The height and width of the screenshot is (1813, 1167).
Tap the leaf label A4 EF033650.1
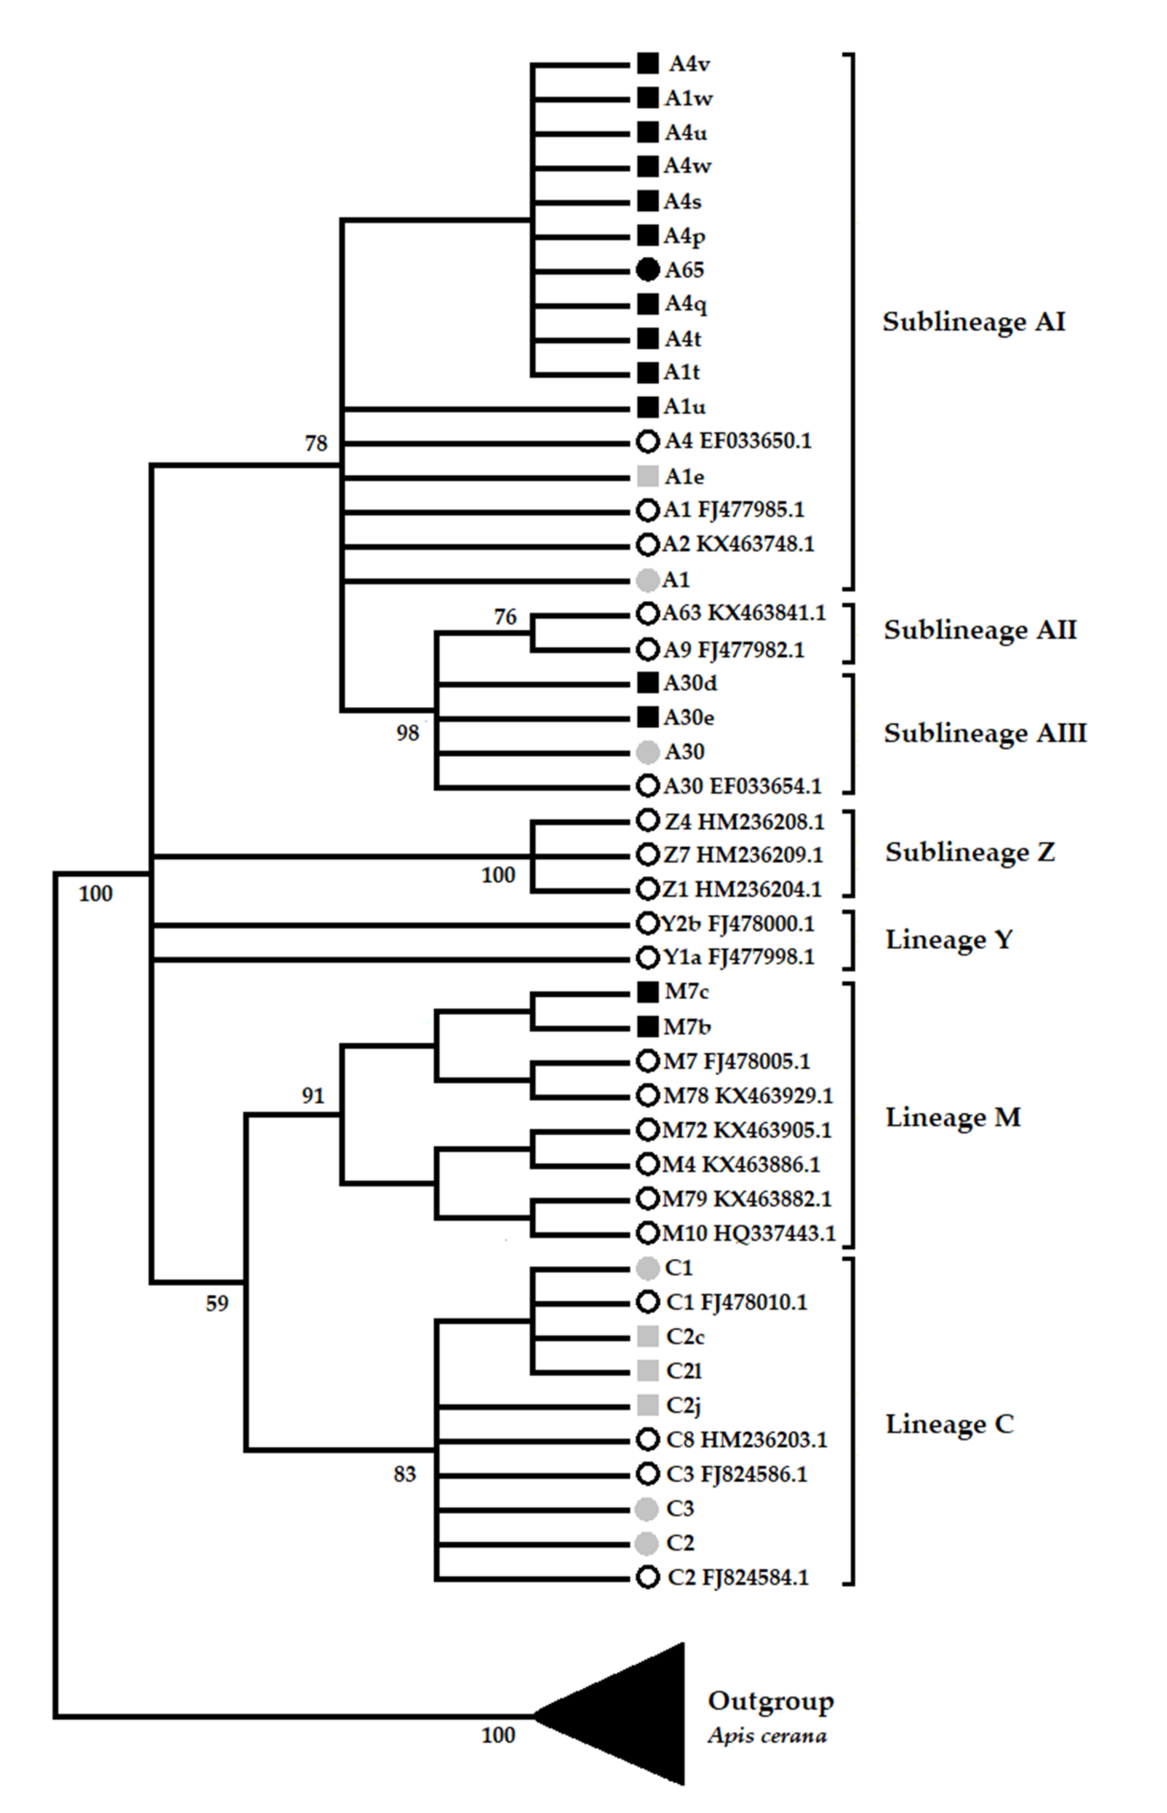(x=737, y=440)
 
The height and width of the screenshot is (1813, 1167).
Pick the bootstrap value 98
(x=408, y=733)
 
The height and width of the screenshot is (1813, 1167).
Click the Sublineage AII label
(x=980, y=630)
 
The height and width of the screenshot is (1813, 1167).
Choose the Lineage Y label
(x=949, y=940)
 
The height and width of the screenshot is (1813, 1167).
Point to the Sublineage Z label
(x=970, y=852)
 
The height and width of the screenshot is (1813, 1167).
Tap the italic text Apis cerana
(x=767, y=1736)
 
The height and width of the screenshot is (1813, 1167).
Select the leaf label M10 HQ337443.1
(x=749, y=1233)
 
